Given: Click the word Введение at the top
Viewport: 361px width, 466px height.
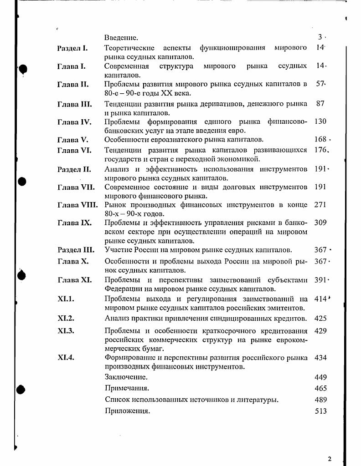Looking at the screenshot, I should click(x=121, y=37).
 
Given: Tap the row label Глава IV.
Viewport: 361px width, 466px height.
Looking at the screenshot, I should click(x=74, y=122).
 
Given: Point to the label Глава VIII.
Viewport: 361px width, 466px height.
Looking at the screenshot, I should click(x=77, y=205).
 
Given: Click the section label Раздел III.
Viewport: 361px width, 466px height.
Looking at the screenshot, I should click(x=76, y=250).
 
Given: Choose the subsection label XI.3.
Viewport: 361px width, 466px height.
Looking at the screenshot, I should click(x=66, y=331).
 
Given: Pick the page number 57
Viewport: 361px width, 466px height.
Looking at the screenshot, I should click(x=320, y=84).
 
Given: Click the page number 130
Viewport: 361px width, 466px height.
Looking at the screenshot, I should click(x=320, y=122).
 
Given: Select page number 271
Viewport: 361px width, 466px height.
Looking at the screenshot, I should click(x=320, y=205).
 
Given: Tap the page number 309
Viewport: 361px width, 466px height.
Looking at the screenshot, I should click(x=320, y=223).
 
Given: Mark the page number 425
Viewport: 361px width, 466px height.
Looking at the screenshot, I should click(x=320, y=319).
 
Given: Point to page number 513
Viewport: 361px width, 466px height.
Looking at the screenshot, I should click(x=320, y=411).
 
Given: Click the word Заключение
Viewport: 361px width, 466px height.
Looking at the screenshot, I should click(x=126, y=377).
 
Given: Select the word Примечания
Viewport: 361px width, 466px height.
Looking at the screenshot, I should click(x=127, y=388).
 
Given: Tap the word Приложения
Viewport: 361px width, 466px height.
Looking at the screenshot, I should click(x=127, y=411).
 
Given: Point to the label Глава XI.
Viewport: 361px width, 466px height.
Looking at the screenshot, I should click(x=74, y=280).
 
